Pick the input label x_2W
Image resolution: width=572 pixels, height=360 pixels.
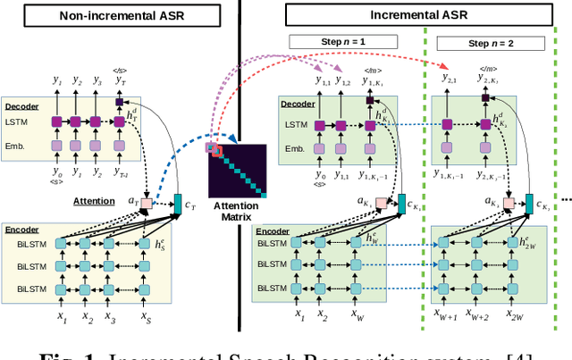[x=514, y=316]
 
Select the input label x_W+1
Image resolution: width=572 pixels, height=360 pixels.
[x=442, y=316]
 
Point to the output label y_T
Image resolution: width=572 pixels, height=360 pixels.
[x=119, y=81]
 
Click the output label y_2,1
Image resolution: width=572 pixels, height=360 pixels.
[x=450, y=80]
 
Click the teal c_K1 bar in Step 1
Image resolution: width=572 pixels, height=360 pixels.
[x=401, y=205]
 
